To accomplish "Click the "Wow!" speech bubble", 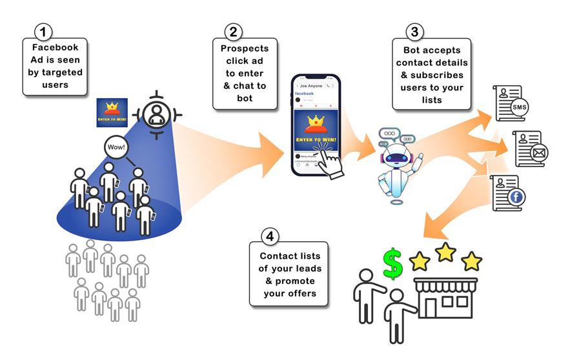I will (x=117, y=147).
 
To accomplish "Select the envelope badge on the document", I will (x=539, y=154).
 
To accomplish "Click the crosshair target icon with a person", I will (x=155, y=114).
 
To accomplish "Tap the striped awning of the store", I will (x=445, y=283).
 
